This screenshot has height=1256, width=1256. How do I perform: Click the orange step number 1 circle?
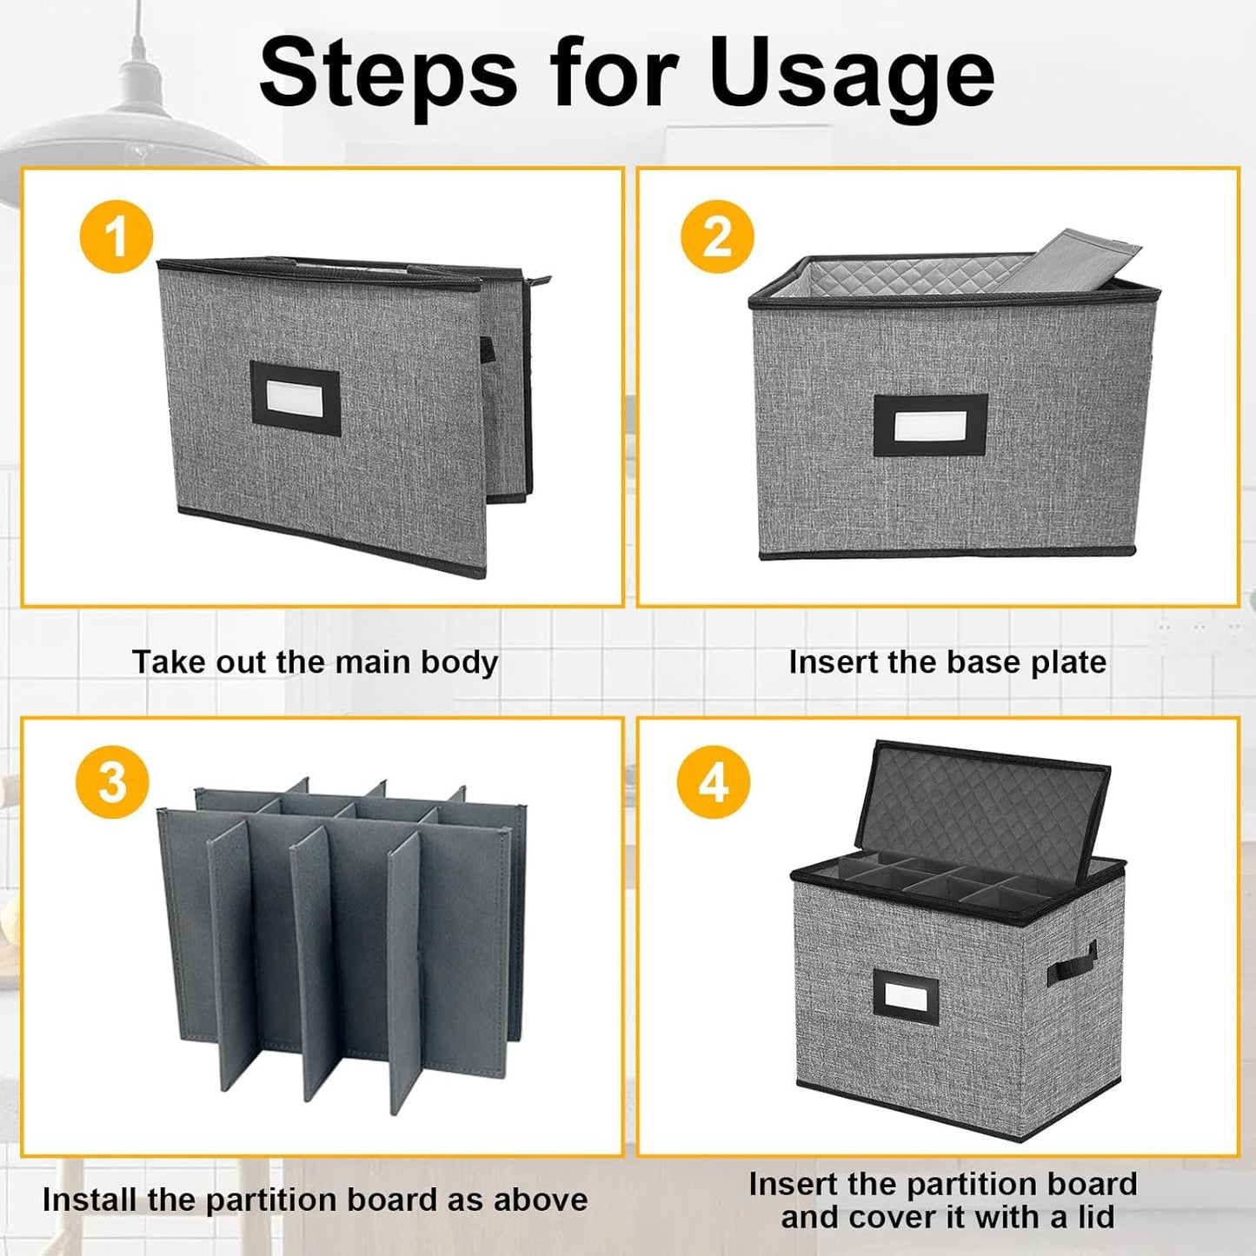[116, 236]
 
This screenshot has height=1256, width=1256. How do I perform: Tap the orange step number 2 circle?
[717, 236]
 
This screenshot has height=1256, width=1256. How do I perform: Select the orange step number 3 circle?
[112, 782]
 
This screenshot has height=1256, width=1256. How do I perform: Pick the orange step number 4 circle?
[713, 782]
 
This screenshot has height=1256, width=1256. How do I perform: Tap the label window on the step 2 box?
[930, 425]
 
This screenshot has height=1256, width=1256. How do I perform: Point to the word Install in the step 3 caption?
[90, 1200]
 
